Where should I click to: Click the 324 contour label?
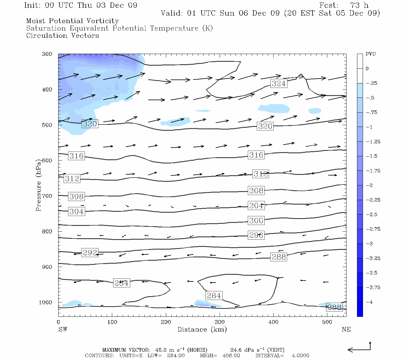point(279,83)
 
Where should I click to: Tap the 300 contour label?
point(256,220)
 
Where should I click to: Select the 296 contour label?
point(256,235)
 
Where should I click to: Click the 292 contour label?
point(90,253)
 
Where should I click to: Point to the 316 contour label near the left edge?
point(76,156)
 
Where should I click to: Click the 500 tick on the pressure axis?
point(47,125)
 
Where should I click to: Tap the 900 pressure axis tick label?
point(47,267)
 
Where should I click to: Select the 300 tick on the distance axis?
point(220,322)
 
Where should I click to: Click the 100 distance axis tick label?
point(112,322)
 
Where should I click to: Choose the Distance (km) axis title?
point(202,329)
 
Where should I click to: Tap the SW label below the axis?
point(63,329)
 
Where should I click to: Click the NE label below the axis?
point(346,329)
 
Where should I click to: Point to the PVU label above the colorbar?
point(370,54)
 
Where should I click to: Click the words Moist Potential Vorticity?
point(72,21)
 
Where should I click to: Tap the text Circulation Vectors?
point(62,35)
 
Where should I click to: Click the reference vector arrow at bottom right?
point(359,348)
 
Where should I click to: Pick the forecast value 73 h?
point(359,5)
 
